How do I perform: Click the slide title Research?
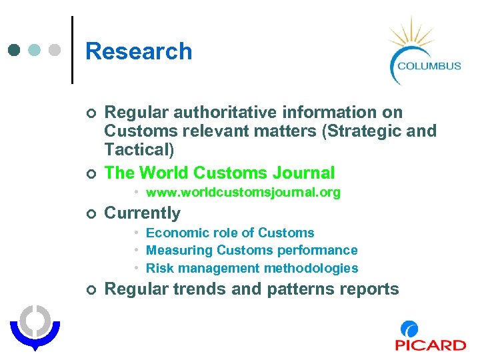click(139, 51)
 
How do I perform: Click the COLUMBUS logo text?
click(429, 65)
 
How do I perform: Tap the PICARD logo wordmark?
click(430, 345)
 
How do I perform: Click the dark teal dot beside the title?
click(14, 50)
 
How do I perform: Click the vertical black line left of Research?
click(72, 50)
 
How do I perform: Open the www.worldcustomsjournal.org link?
click(243, 193)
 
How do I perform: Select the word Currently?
click(143, 213)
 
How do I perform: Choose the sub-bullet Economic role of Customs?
click(229, 233)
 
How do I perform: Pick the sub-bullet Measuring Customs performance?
click(251, 251)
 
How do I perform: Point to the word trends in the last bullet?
click(200, 289)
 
